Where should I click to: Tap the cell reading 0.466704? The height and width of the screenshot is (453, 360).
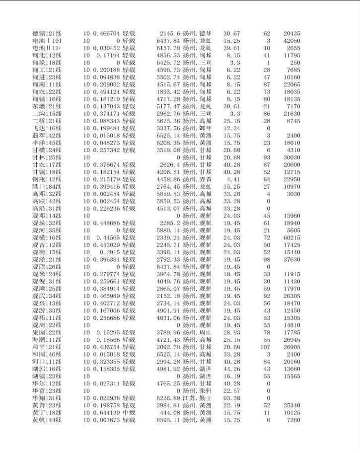coord(106,33)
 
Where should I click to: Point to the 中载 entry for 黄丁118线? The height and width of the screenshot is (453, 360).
coord(129,413)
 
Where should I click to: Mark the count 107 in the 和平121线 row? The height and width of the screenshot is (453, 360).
coord(265,347)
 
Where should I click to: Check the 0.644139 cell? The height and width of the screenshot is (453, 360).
coord(106,413)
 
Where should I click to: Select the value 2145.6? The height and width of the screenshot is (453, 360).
coord(169,33)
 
